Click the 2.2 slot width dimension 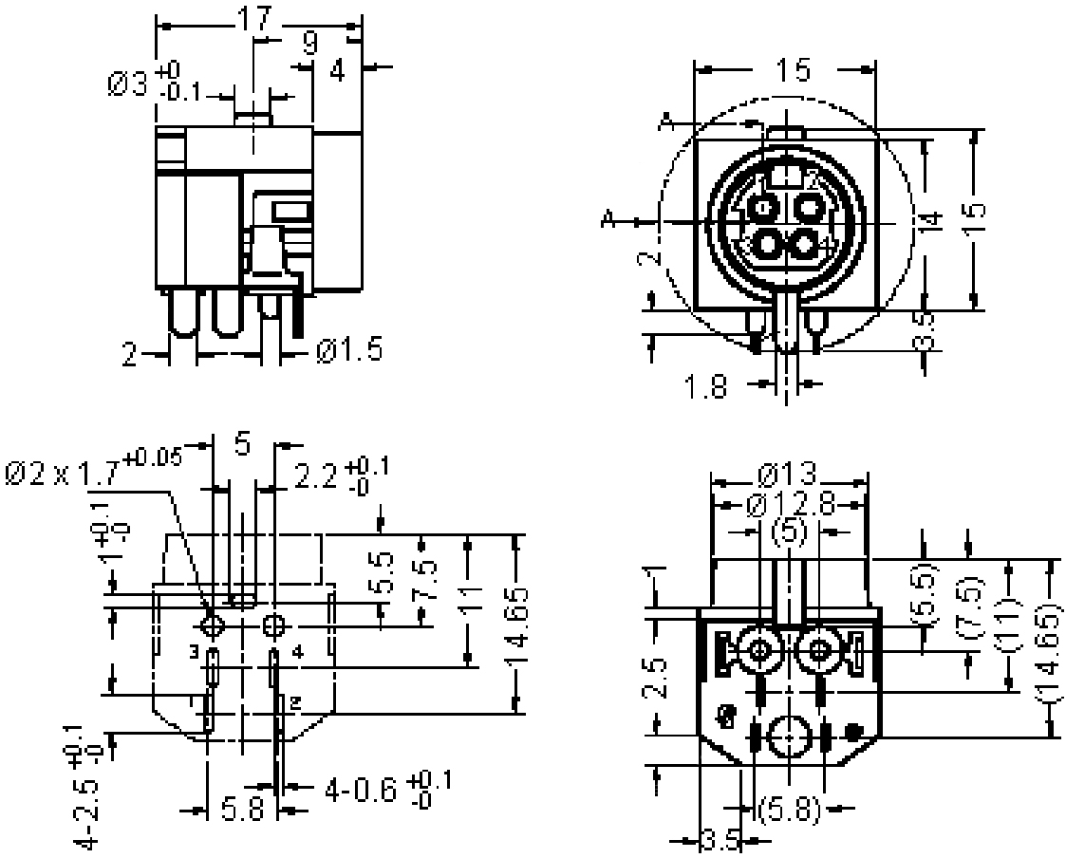[317, 475]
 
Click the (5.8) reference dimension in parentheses [790, 809]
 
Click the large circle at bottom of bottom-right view [790, 737]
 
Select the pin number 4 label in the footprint [297, 652]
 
